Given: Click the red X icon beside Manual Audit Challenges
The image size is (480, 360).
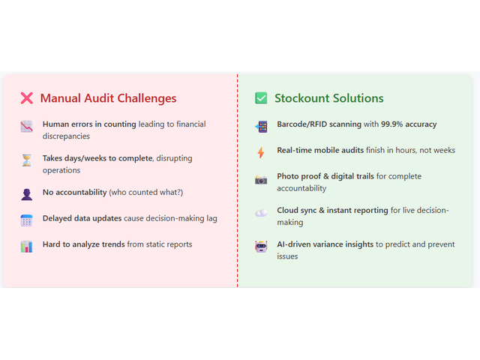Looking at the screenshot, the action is [27, 98].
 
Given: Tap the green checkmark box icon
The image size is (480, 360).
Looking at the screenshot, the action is [261, 98].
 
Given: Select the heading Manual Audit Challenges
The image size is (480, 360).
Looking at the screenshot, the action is [108, 98].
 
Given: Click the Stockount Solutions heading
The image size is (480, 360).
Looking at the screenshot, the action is [329, 98].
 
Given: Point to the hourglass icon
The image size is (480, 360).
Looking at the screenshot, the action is [27, 160].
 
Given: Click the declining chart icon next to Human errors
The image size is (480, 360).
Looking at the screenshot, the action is [27, 127].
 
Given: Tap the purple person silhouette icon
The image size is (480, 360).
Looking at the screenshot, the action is [27, 194].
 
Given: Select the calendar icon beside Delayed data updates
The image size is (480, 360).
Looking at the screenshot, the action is [27, 220].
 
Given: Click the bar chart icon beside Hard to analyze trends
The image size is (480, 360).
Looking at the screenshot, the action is [27, 247].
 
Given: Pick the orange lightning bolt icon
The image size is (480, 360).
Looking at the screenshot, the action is [261, 152].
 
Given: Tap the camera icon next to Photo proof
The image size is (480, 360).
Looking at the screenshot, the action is [261, 179].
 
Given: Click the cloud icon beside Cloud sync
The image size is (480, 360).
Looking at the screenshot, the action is [261, 213].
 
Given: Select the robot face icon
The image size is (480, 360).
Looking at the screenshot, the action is [261, 247].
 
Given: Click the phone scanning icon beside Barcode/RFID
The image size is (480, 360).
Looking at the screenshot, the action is [261, 127].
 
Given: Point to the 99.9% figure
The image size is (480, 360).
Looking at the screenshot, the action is [391, 124].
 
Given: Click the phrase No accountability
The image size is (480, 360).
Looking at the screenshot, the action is [75, 192].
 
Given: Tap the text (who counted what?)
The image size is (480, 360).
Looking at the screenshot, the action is [146, 193].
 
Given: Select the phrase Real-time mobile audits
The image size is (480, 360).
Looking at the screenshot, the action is [320, 150].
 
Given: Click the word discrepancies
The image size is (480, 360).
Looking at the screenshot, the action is [66, 136].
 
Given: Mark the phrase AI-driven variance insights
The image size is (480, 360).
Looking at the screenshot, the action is [325, 244].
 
